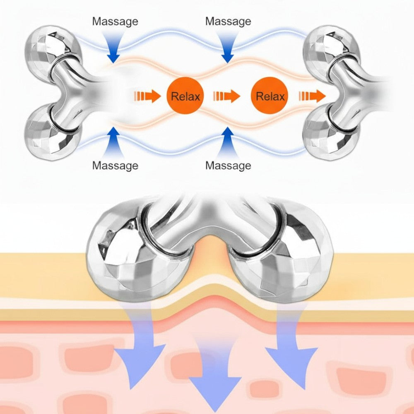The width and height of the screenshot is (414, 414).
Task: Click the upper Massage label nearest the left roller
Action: [115, 21]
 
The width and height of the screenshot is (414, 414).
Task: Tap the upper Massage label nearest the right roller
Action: [228, 21]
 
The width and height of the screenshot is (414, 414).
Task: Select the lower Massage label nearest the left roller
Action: [115, 166]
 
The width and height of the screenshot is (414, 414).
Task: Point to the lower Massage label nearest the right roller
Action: [228, 166]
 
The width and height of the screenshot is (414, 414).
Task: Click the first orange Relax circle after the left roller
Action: [185, 97]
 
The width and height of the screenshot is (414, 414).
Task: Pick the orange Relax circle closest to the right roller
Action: [270, 97]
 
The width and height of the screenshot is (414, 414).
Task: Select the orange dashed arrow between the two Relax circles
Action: [226, 97]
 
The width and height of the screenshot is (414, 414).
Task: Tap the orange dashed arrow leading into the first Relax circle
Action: [147, 97]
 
